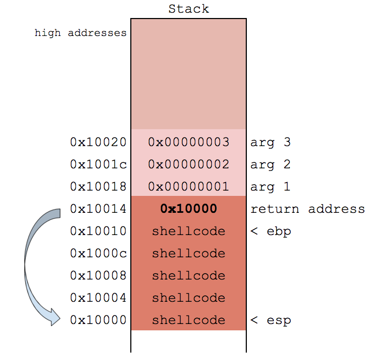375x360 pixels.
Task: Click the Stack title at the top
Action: (x=189, y=9)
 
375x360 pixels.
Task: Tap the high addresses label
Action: (x=81, y=33)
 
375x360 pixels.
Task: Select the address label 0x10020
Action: (x=98, y=142)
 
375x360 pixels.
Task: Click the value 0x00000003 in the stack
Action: (x=189, y=142)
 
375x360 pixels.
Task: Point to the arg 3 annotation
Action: (x=271, y=142)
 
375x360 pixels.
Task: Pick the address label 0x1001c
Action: (x=98, y=164)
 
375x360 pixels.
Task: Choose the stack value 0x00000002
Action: (x=189, y=164)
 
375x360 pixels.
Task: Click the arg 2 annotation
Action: (x=271, y=164)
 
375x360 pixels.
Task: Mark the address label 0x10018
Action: (x=98, y=186)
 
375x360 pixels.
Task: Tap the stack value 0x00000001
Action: (x=189, y=186)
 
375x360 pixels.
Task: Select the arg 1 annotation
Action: (x=271, y=186)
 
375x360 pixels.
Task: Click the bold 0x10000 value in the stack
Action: (x=189, y=209)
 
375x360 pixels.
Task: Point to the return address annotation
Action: (x=308, y=209)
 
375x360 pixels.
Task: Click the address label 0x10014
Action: (x=98, y=209)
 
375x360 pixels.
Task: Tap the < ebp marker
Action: (x=271, y=231)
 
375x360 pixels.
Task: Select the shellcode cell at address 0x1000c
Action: (x=189, y=253)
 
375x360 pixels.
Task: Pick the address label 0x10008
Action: (x=98, y=275)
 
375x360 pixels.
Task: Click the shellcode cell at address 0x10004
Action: (x=189, y=298)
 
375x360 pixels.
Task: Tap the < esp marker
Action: (x=271, y=320)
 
